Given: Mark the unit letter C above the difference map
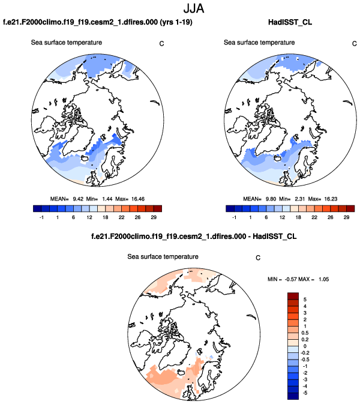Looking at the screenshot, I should (x=257, y=259).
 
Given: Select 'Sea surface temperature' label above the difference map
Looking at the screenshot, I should (x=163, y=257).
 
